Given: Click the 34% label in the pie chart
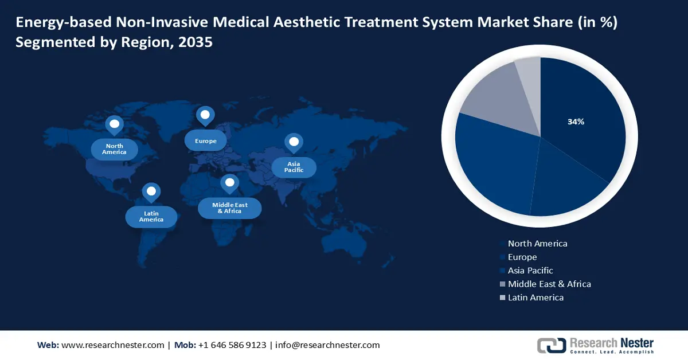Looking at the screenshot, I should pyautogui.click(x=576, y=122).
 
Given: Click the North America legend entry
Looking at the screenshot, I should pyautogui.click(x=537, y=244).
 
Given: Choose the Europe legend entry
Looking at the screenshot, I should pyautogui.click(x=522, y=257).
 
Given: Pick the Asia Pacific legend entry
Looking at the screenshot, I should pyautogui.click(x=530, y=271).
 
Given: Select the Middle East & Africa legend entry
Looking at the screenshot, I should pyautogui.click(x=549, y=284).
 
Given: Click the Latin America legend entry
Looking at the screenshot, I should pyautogui.click(x=535, y=298).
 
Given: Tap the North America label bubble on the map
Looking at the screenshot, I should pyautogui.click(x=114, y=149).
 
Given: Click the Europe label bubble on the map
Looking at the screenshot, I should pyautogui.click(x=205, y=140).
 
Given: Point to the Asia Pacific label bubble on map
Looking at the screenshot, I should pyautogui.click(x=294, y=167).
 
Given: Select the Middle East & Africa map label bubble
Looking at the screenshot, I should pyautogui.click(x=229, y=208).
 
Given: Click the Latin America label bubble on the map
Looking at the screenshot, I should pyautogui.click(x=151, y=217).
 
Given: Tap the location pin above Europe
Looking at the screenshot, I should pyautogui.click(x=205, y=115).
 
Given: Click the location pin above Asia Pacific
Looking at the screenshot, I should pyautogui.click(x=294, y=142).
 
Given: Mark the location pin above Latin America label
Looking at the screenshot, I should pyautogui.click(x=151, y=192).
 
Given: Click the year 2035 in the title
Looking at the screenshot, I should pyautogui.click(x=196, y=43).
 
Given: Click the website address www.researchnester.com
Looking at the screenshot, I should pyautogui.click(x=112, y=345).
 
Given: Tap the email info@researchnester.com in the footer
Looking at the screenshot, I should pyautogui.click(x=327, y=345).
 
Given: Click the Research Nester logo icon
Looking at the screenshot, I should pyautogui.click(x=551, y=345).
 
